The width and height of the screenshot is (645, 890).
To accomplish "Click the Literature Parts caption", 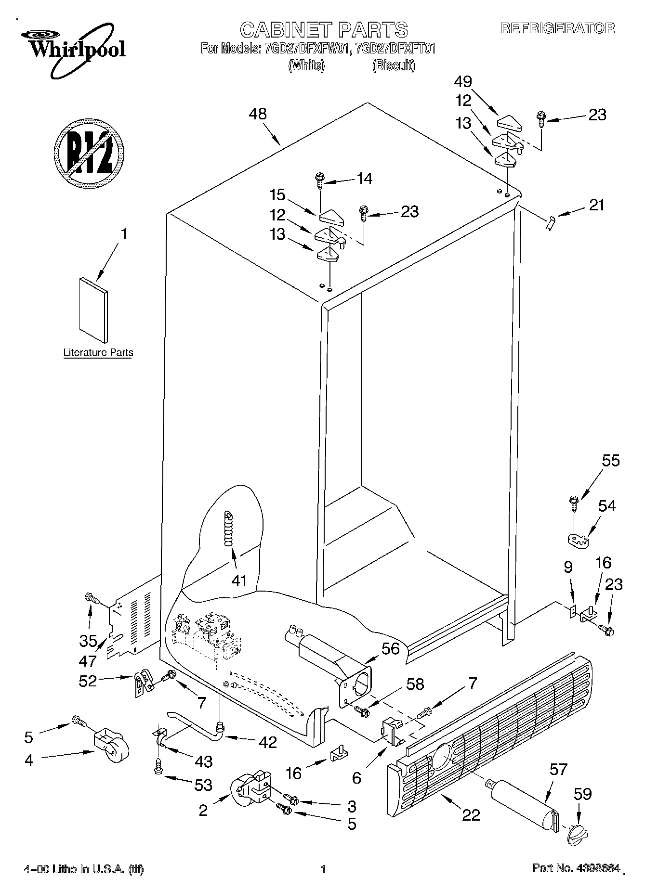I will (98, 352).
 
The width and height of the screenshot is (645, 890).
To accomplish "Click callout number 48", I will (258, 114).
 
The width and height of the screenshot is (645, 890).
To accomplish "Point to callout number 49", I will (463, 81).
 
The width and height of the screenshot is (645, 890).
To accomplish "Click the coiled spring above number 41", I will (228, 528).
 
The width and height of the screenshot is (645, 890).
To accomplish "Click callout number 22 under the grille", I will (471, 814).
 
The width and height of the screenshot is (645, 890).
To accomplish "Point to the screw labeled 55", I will (573, 503).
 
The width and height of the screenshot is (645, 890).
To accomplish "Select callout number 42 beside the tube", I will (267, 742).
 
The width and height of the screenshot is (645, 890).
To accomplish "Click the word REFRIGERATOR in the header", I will (557, 28).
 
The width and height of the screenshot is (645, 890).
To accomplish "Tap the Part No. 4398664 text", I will (575, 869).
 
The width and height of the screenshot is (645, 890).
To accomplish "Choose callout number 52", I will (88, 681).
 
